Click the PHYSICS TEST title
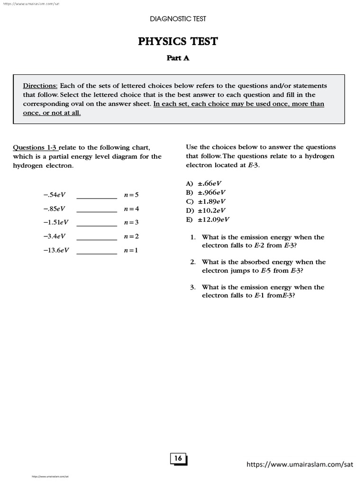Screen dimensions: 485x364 [178, 42]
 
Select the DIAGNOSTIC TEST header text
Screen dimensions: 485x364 [178, 19]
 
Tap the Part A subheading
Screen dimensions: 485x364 [178, 58]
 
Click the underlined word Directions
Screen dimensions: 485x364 [40, 86]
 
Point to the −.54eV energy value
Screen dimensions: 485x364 [54, 195]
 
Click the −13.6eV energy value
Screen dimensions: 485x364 [55, 250]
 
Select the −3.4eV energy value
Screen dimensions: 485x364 [54, 236]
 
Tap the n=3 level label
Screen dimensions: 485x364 [131, 223]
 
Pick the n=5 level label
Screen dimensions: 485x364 [131, 195]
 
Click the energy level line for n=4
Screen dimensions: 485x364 [97, 212]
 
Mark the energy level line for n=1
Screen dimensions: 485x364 [97, 253]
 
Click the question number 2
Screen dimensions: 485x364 [193, 262]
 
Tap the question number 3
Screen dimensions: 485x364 [193, 287]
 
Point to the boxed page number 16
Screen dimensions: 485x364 [178, 458]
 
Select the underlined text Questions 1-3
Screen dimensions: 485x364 [36, 147]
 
